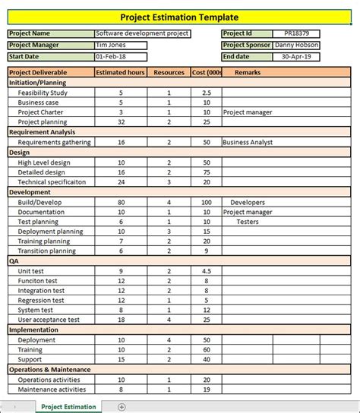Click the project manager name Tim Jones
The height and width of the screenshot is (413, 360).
coord(112,45)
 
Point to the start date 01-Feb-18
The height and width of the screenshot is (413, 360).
coord(111,56)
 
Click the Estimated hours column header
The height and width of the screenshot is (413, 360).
coord(121,72)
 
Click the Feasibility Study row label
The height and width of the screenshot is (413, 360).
coord(43,93)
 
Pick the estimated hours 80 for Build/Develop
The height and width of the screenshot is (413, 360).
coord(121,203)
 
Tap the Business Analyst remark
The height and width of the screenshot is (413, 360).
coord(247,142)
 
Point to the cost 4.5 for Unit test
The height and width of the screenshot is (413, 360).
coord(206,271)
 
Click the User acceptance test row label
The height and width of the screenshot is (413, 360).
coord(49,320)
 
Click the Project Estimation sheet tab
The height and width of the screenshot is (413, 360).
coord(68,407)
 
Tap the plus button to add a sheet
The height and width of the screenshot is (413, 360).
coord(122,407)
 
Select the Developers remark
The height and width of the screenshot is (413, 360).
coord(248,203)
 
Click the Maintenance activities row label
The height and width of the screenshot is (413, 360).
coord(51,389)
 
